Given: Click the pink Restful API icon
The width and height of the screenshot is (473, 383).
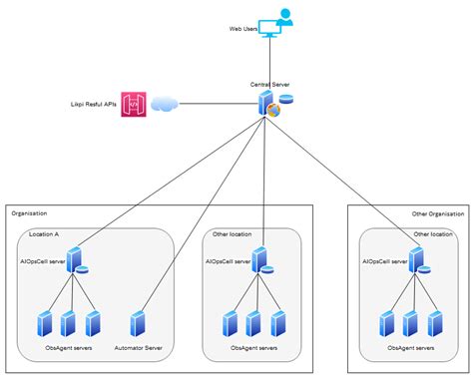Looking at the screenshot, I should click(134, 103).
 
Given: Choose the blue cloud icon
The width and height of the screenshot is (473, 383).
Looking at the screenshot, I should click(165, 103).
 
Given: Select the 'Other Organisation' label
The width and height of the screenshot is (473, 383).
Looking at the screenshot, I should click(438, 214).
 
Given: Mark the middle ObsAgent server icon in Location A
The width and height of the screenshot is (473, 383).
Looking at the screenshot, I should click(68, 323).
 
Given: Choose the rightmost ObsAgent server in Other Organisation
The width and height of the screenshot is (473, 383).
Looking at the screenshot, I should click(435, 323).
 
